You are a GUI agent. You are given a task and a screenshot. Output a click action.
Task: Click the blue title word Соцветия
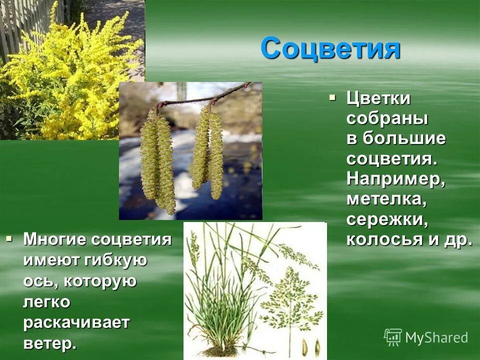coord(330,49)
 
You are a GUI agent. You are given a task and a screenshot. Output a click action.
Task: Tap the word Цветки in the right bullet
coord(378,99)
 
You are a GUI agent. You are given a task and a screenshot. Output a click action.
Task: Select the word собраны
coord(387,119)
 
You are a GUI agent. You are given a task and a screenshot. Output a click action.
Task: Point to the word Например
coord(395,179)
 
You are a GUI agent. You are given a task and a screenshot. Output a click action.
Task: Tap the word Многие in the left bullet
coord(55,239)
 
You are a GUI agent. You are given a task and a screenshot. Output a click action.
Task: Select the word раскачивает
coord(76,322)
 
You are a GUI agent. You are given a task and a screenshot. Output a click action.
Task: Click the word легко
coord(46,302)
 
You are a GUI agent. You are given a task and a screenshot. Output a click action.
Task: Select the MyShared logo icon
coord(392,337)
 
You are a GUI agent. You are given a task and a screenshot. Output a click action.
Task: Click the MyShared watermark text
coord(436,337)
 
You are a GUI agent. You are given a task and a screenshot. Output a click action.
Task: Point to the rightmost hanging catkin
coord(216,155)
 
